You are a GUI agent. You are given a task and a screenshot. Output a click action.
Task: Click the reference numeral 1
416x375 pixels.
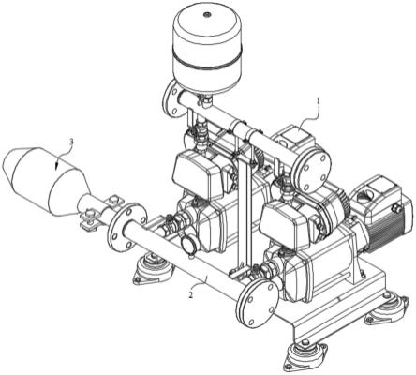point(319,101)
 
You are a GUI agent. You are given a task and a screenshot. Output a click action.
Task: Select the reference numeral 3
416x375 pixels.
point(71,142)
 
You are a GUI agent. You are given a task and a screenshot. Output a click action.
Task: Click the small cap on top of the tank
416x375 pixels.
point(207,14)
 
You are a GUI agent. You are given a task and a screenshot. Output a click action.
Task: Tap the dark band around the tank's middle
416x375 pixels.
point(208,62)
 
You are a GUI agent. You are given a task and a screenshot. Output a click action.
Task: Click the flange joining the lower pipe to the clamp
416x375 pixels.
point(126,226)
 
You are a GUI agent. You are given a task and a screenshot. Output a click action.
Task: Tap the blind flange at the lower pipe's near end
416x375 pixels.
point(257,303)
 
